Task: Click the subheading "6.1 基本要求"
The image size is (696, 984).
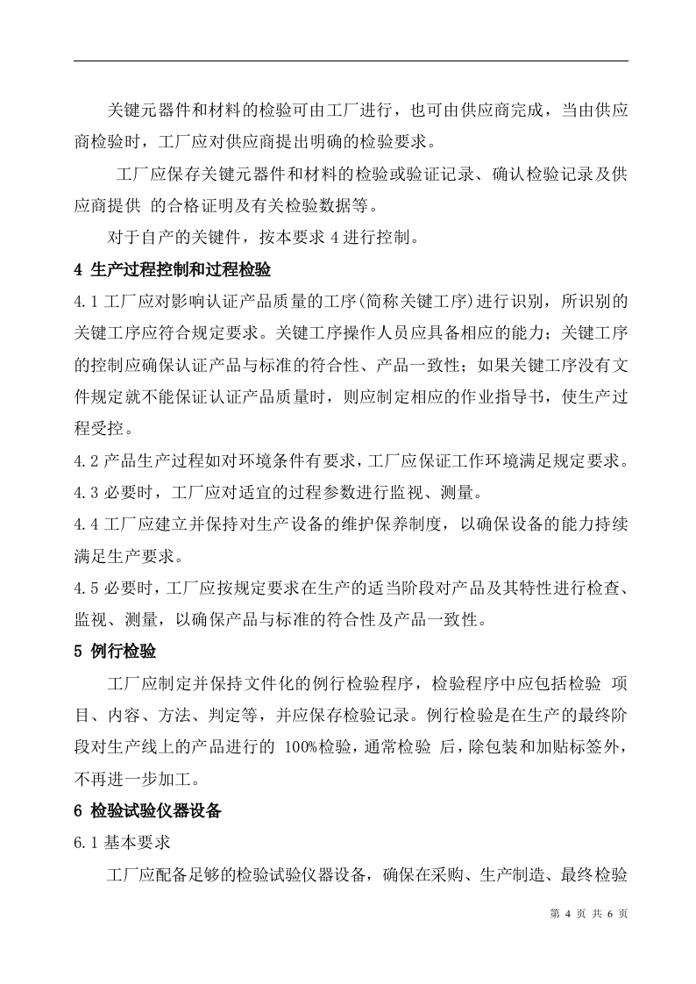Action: (122, 843)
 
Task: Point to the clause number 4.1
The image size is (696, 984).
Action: (87, 302)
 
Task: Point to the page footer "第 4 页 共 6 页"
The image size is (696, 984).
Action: (588, 913)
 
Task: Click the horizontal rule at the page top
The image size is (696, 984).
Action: (351, 61)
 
